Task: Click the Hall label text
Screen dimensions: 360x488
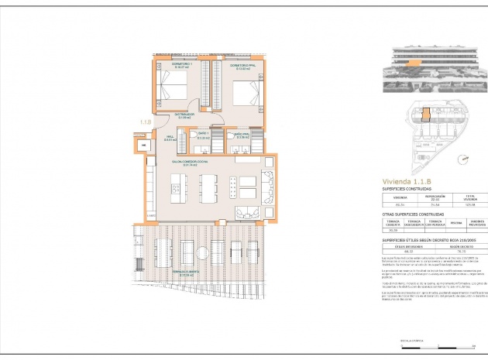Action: pyautogui.click(x=168, y=138)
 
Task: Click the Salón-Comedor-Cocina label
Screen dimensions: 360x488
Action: pyautogui.click(x=190, y=163)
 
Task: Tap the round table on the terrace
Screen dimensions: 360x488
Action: pyautogui.click(x=201, y=252)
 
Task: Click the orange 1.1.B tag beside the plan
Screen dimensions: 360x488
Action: pyautogui.click(x=146, y=122)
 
